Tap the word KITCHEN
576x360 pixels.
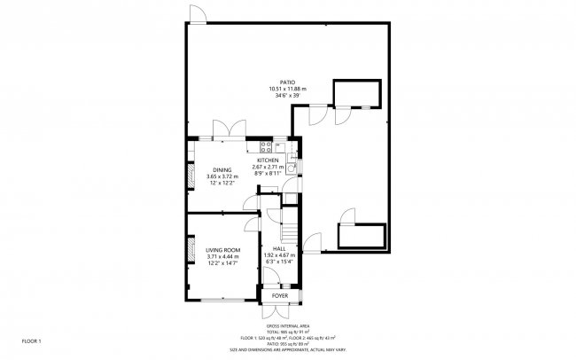pos(268,160)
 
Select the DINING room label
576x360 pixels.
pos(222,169)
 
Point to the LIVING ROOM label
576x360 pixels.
pos(223,250)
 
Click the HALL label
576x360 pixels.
pos(280,249)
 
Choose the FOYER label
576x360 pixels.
pos(280,295)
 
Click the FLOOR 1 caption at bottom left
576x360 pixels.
pos(32,340)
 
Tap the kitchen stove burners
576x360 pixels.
pos(266,146)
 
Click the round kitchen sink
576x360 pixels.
pos(292,165)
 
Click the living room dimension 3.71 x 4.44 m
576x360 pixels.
pos(223,256)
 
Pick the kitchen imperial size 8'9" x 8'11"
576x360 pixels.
pos(268,173)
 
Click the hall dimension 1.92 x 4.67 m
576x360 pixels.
pos(280,255)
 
